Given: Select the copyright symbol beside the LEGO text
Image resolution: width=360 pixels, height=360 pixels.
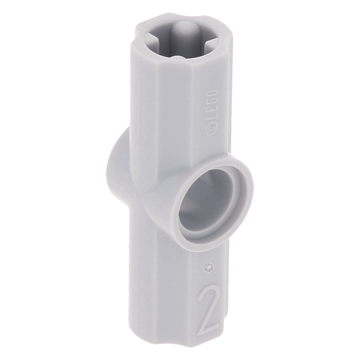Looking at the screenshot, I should (x=210, y=130).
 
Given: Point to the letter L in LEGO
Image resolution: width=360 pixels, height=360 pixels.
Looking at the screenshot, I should (x=211, y=120).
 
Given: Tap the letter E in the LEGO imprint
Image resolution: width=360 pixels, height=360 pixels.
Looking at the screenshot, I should (x=211, y=111).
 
